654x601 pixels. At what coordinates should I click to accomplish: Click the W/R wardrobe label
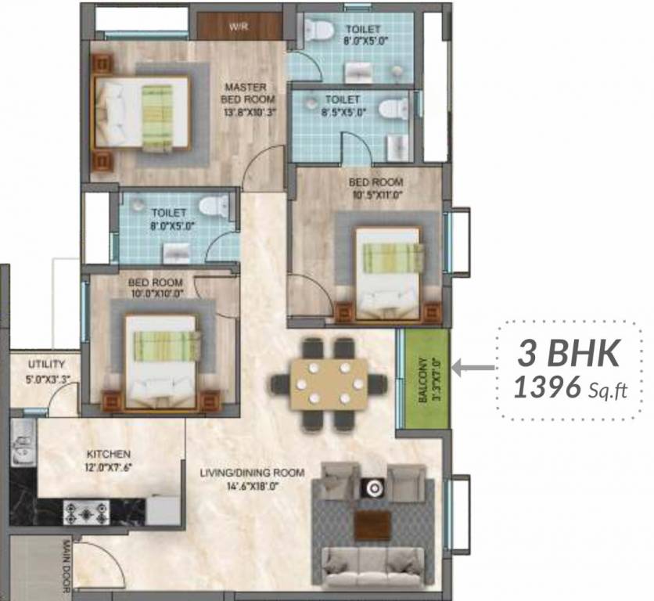pos(238,27)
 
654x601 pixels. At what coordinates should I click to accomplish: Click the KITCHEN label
pos(110,454)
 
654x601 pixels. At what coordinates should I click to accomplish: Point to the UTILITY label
pos(46,365)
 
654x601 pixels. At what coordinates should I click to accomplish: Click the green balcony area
pos(424,379)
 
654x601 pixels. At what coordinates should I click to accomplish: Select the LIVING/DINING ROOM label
pos(240,473)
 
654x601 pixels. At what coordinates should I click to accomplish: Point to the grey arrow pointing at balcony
pos(475,365)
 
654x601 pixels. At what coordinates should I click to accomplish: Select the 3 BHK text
pos(570,354)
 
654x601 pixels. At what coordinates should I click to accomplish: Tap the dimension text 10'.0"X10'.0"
pos(157,293)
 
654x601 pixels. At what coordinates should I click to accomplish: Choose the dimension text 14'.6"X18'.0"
pos(241,485)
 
